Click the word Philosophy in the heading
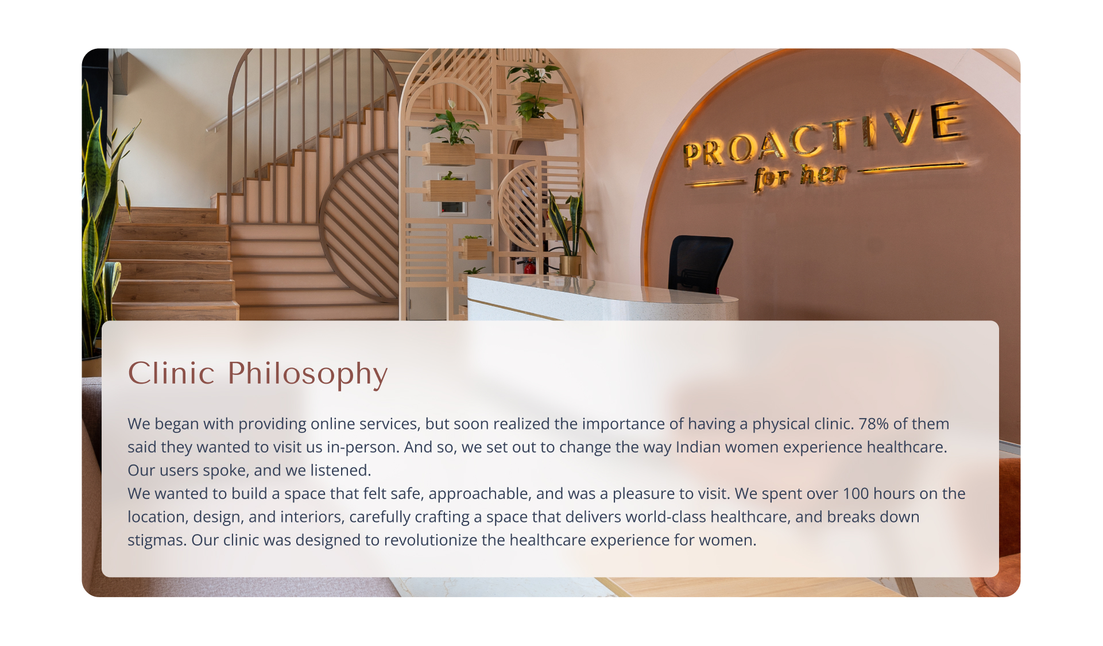click(307, 374)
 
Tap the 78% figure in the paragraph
click(873, 424)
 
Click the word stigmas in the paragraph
click(157, 541)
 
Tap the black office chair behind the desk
click(699, 264)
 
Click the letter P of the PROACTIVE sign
click(693, 155)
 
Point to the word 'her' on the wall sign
click(823, 174)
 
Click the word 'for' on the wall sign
click(771, 179)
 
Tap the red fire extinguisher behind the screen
click(529, 267)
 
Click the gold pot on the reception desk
click(570, 266)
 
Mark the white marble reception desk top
click(602, 289)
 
